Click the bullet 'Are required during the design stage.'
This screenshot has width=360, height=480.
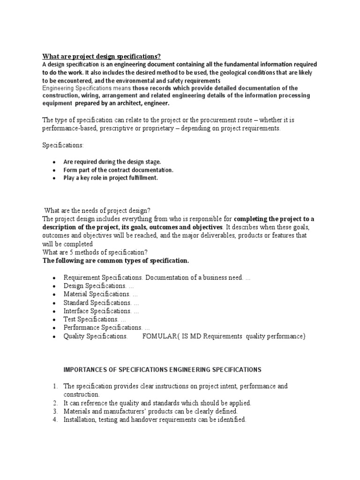[x=112, y=162]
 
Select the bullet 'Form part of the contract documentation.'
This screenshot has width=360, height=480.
[x=118, y=170]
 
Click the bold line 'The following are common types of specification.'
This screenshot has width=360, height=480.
[x=116, y=261]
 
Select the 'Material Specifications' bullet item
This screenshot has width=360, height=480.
[x=97, y=294]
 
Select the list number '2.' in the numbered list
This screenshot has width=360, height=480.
[x=55, y=403]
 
